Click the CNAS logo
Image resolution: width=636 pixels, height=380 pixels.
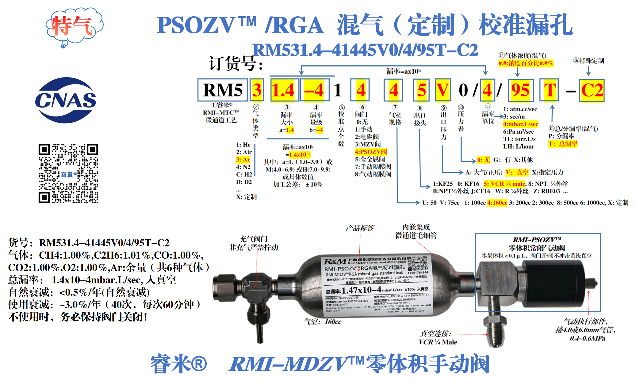(65, 100)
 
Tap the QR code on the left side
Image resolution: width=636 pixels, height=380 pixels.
(68, 173)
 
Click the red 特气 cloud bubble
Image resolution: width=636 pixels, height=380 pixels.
(74, 26)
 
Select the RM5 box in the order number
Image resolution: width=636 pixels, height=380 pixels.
(223, 90)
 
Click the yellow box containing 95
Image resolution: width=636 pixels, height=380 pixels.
(521, 90)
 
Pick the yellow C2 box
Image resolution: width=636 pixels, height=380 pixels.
(592, 90)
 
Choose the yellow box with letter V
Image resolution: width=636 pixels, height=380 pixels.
(443, 90)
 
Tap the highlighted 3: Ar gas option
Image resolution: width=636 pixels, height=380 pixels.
(243, 160)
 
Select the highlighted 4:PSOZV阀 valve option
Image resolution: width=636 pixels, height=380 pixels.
(371, 152)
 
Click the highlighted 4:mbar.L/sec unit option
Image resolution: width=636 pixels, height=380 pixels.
(520, 124)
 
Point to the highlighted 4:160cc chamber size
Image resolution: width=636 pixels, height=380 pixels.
(497, 203)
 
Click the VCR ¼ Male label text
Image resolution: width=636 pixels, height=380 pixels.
(438, 342)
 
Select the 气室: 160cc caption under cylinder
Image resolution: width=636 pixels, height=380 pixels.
(323, 321)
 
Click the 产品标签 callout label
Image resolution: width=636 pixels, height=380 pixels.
(359, 228)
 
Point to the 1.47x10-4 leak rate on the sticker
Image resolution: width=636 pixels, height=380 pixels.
(362, 290)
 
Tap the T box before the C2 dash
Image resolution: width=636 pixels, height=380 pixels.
(549, 90)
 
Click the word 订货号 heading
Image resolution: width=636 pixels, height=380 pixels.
(235, 63)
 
